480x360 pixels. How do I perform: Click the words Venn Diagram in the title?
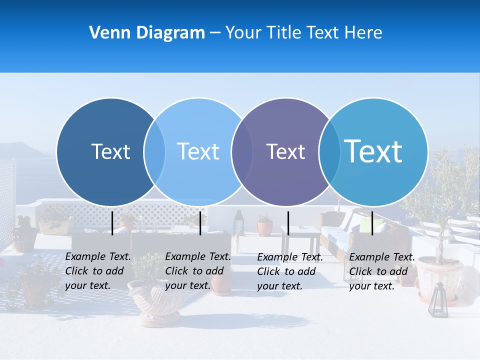147,33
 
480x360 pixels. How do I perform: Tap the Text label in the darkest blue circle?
110,151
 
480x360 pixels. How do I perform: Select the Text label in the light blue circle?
198,151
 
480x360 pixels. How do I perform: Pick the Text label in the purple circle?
285,151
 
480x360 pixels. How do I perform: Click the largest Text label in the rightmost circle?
373,151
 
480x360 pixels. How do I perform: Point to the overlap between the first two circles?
154,151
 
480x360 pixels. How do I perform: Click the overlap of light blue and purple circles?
241,151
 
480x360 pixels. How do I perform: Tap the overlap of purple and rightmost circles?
329,151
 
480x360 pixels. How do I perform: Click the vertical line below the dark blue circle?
112,223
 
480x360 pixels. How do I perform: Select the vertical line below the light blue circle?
200,223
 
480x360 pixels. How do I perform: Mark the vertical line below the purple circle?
288,223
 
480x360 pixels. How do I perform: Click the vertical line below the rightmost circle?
372,223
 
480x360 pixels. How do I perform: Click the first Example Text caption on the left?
97,271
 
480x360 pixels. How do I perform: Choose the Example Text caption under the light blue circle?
197,271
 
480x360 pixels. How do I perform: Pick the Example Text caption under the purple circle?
289,271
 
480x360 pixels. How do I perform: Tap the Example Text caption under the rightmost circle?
381,271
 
